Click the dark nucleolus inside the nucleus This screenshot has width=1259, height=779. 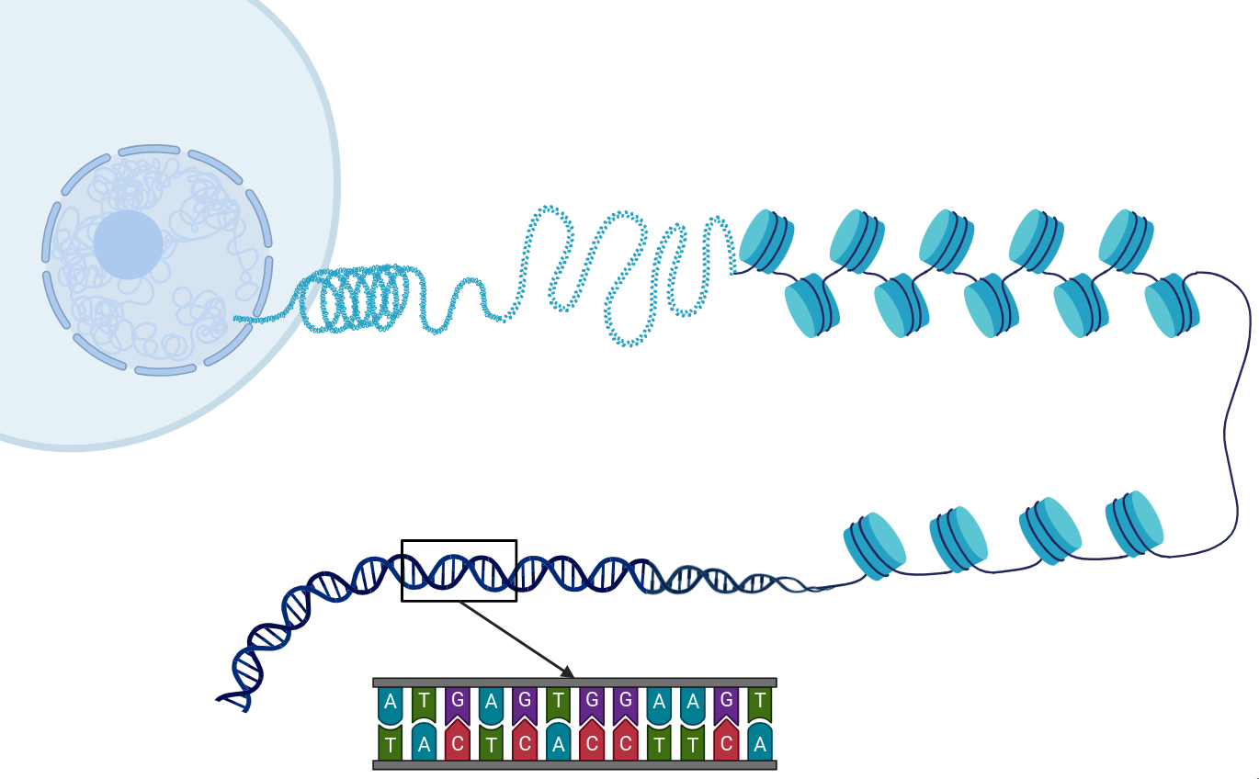point(129,244)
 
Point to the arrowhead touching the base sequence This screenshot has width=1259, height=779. point(567,672)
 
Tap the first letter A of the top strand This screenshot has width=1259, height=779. point(391,703)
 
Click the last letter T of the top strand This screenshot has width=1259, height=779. point(759,703)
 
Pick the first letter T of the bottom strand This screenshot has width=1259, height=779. point(391,743)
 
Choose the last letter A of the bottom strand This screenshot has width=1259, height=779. point(759,743)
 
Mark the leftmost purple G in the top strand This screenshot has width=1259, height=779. point(458,703)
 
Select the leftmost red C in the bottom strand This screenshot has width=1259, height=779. point(458,743)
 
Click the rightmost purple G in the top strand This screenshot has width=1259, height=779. point(726,703)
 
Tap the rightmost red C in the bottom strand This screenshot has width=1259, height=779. point(726,743)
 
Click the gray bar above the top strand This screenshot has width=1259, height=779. point(574,683)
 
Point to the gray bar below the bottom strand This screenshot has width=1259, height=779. point(574,764)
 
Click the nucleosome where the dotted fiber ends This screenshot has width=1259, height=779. point(766,241)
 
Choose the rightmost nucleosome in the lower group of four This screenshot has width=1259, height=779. point(1136,523)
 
